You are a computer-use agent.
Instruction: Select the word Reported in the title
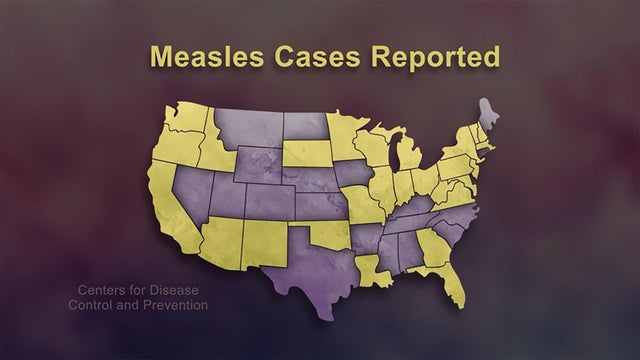tap(436, 57)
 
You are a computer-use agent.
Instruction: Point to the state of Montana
tap(245, 140)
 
